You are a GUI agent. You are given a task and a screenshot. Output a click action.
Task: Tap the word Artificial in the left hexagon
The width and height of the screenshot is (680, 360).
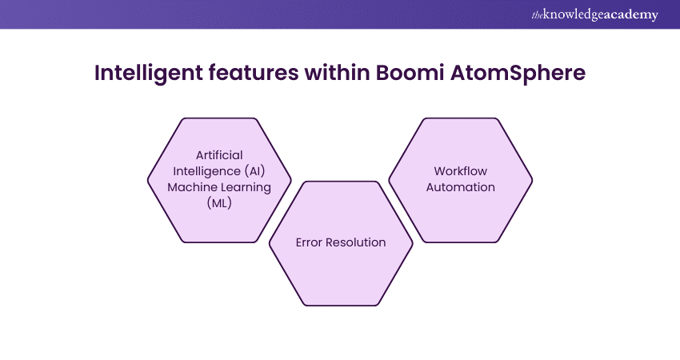coord(219,154)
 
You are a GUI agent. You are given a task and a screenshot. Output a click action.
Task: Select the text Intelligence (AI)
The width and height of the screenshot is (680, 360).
coord(219,170)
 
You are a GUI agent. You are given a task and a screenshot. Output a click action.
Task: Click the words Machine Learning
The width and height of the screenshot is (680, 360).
coord(219,186)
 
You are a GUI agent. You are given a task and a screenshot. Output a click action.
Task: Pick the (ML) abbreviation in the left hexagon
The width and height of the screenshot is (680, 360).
coord(219,202)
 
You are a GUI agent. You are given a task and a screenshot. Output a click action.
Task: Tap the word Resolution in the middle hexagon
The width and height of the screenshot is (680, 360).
coord(356,242)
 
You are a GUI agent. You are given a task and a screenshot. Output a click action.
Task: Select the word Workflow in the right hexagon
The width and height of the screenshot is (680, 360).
coord(460,171)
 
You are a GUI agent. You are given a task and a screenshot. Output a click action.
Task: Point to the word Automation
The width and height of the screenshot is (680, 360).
coord(460,187)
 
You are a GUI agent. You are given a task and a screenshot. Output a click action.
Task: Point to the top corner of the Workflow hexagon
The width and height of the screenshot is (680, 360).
coord(461,118)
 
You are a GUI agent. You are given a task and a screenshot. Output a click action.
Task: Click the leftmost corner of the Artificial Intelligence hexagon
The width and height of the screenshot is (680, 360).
coord(148,180)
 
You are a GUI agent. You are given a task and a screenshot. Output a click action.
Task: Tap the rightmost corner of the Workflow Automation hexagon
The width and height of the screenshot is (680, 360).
coord(533,180)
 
